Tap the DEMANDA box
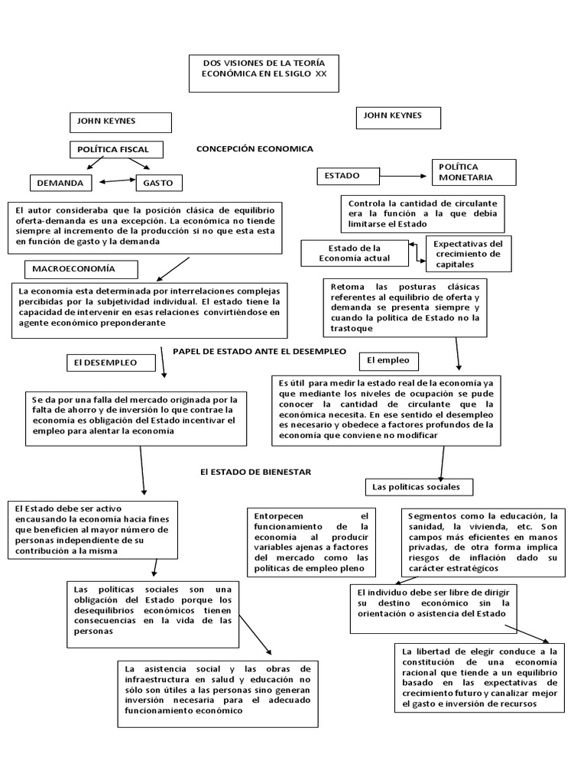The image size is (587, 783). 61,183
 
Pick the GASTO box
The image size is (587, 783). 159,183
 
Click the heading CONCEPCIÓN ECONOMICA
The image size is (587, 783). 255,148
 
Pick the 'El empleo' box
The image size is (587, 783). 389,359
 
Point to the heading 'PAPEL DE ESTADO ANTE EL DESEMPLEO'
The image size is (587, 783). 259,350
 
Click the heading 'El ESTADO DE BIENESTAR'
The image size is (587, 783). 255,472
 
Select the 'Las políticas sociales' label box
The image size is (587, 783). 419,486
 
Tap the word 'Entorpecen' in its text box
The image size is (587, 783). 277,515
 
